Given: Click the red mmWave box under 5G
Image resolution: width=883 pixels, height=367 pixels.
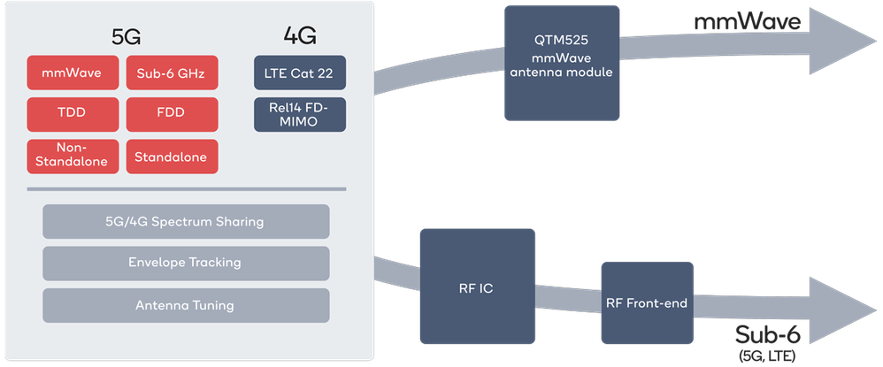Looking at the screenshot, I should (72, 73).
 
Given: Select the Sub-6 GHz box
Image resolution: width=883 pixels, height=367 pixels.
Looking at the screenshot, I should (172, 73).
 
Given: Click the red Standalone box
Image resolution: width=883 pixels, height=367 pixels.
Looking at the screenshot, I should (172, 157).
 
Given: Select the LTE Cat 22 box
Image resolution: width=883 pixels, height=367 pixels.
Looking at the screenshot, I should (299, 73).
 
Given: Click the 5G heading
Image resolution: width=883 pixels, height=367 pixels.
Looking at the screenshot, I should (126, 36).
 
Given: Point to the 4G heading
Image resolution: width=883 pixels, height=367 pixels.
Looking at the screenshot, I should (299, 36).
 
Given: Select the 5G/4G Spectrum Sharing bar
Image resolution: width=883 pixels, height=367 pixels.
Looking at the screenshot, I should (185, 221).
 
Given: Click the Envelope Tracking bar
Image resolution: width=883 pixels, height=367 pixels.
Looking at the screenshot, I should (185, 263).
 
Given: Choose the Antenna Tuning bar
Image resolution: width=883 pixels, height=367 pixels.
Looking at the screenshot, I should (185, 305).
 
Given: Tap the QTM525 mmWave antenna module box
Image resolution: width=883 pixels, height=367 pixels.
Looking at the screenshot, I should (561, 64).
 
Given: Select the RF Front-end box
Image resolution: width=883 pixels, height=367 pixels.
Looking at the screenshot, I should (646, 303).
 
